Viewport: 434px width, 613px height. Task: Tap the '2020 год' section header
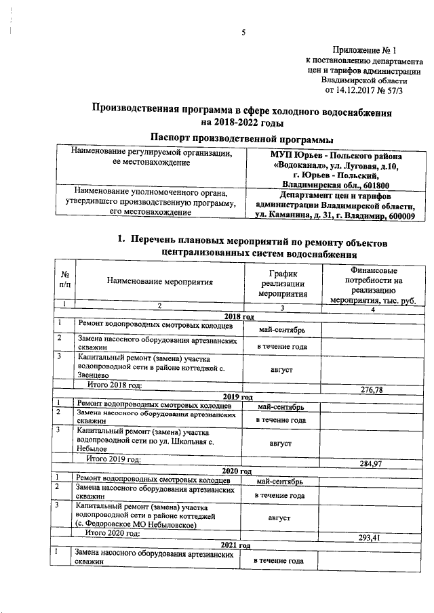click(238, 471)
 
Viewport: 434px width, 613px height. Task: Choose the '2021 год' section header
click(238, 545)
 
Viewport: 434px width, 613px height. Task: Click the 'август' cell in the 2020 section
click(279, 517)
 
